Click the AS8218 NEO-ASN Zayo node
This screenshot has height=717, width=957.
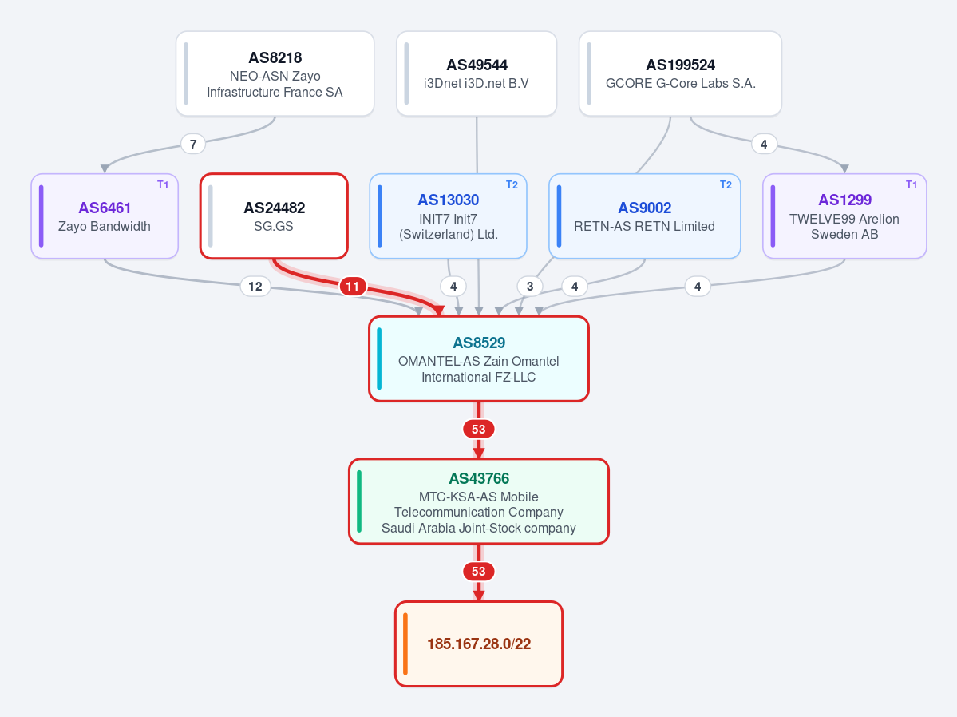(275, 74)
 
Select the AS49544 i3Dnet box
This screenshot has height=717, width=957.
(476, 74)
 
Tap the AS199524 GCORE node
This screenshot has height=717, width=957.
(680, 74)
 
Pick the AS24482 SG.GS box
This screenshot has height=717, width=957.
(274, 216)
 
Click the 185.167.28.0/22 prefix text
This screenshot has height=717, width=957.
(479, 644)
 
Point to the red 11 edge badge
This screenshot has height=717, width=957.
(353, 287)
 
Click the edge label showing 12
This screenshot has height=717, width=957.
(255, 287)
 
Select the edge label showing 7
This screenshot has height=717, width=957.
(193, 145)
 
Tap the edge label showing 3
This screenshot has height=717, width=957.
(530, 287)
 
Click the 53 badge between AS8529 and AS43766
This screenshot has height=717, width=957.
(479, 430)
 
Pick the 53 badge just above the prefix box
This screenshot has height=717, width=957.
(479, 572)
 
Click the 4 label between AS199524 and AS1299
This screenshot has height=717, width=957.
(764, 145)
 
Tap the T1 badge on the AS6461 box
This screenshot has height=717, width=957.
(163, 185)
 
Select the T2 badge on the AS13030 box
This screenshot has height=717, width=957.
(512, 185)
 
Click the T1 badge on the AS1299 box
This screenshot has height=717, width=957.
(912, 185)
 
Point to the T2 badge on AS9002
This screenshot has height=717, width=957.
(726, 185)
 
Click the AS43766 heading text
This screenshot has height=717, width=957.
(479, 478)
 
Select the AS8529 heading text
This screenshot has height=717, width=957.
(479, 343)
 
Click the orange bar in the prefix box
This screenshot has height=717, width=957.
(405, 644)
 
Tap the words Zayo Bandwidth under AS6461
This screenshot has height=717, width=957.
(105, 226)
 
